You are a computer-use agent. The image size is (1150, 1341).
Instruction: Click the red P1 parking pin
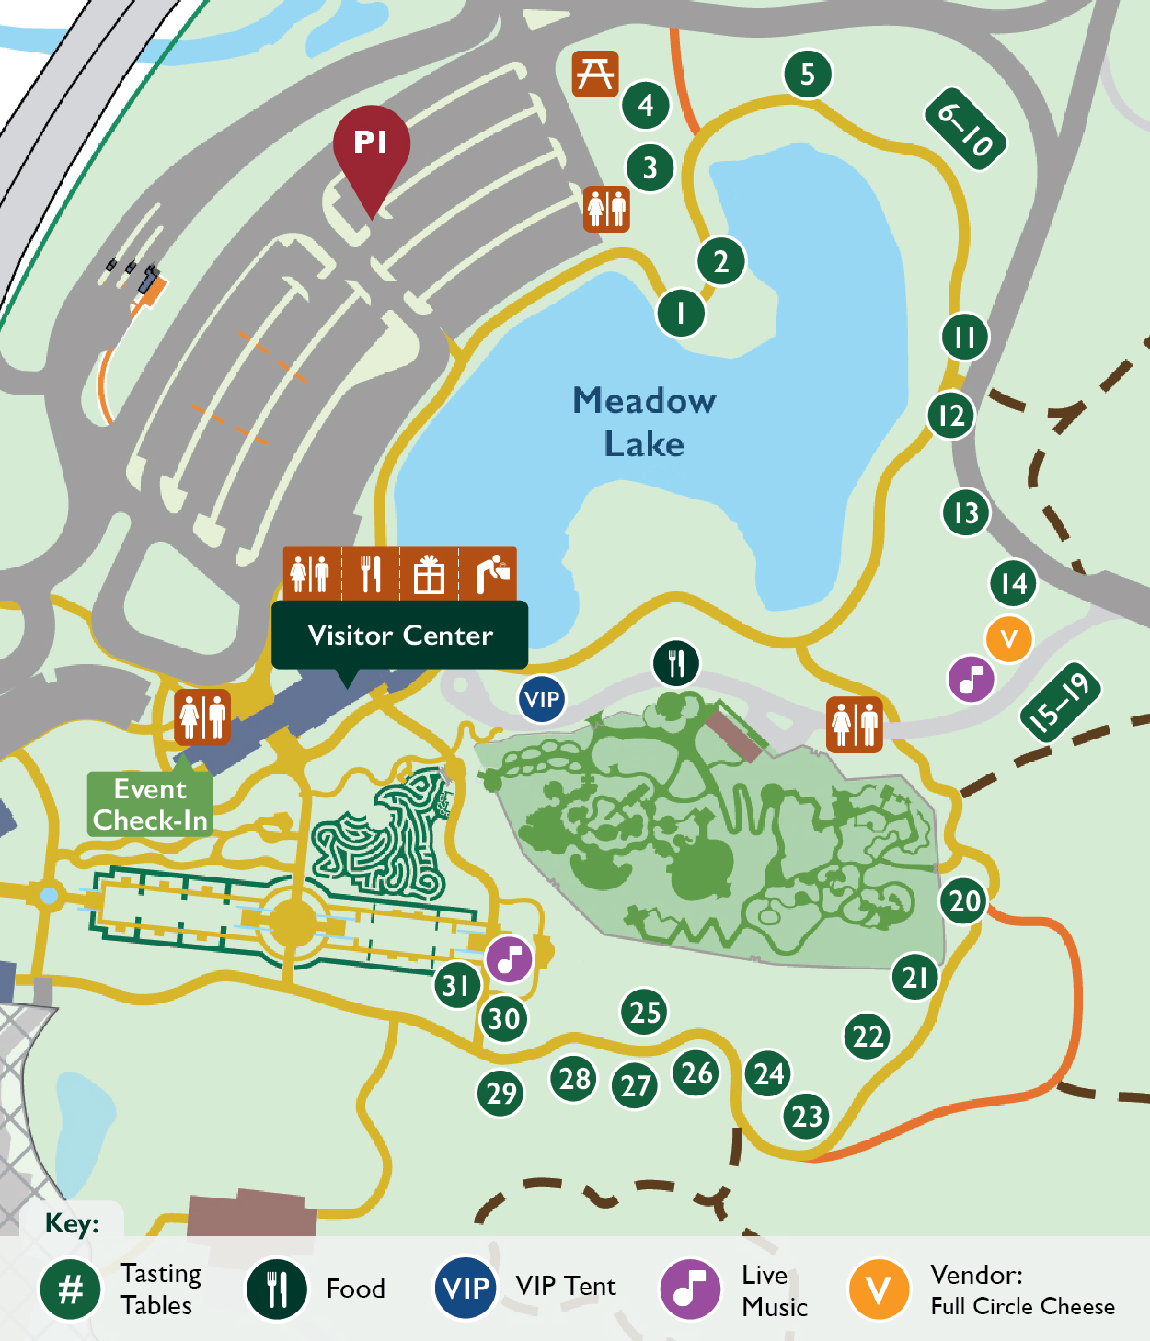pyautogui.click(x=371, y=147)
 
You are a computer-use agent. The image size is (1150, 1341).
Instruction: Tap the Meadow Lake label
pyautogui.click(x=644, y=422)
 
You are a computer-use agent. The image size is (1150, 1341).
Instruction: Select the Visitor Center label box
pyautogui.click(x=400, y=635)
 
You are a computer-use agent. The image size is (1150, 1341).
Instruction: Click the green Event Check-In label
pyautogui.click(x=150, y=805)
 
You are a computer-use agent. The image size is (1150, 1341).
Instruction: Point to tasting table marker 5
pyautogui.click(x=808, y=74)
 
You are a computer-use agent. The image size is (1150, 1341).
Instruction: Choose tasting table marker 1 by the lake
pyautogui.click(x=681, y=313)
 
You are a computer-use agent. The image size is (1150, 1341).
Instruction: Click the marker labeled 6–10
pyautogui.click(x=965, y=129)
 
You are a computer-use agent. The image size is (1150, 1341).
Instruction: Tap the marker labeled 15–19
pyautogui.click(x=1061, y=701)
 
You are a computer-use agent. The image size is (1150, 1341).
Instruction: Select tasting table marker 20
pyautogui.click(x=964, y=901)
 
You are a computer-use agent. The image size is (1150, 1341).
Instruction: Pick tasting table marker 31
pyautogui.click(x=457, y=985)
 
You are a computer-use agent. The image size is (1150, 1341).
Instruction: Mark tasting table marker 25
pyautogui.click(x=645, y=1012)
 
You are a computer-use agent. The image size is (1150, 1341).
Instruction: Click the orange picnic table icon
pyautogui.click(x=595, y=74)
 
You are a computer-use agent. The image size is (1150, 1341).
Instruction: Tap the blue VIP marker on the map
pyautogui.click(x=541, y=699)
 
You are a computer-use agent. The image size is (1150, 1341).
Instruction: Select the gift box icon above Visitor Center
pyautogui.click(x=429, y=574)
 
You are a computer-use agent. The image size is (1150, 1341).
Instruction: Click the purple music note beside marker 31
pyautogui.click(x=509, y=959)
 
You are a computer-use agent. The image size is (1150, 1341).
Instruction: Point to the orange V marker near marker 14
pyautogui.click(x=1008, y=638)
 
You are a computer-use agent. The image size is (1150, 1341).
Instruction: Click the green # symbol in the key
pyautogui.click(x=70, y=1289)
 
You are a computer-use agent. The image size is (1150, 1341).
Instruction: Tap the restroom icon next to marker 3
pyautogui.click(x=606, y=209)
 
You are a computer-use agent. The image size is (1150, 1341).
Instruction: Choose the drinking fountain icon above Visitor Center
pyautogui.click(x=489, y=574)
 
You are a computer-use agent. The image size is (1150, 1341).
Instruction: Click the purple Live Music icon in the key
pyautogui.click(x=690, y=1289)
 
